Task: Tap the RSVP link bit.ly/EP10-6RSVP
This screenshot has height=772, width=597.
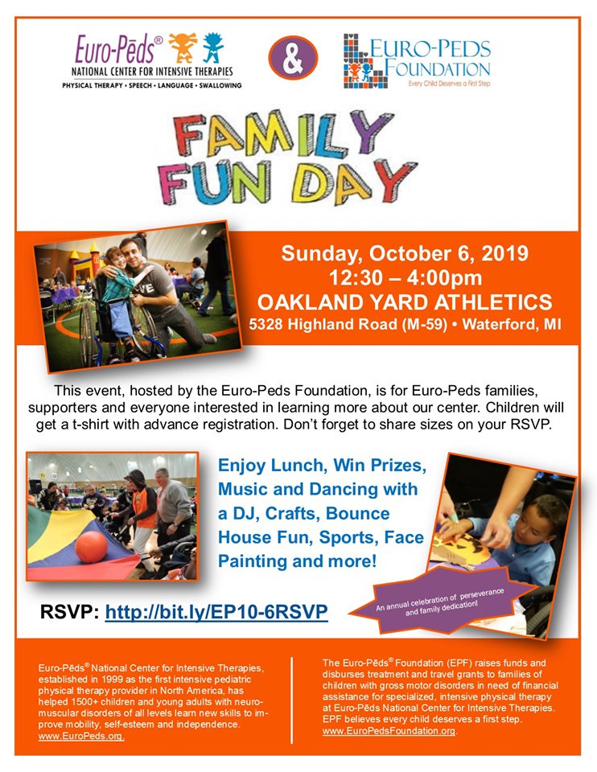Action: click(x=216, y=612)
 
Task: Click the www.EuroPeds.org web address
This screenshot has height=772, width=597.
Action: click(x=81, y=736)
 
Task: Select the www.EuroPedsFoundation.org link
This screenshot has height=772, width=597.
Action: click(x=389, y=731)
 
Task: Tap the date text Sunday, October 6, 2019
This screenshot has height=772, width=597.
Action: click(x=404, y=255)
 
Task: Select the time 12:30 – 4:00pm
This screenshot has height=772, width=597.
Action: click(x=404, y=278)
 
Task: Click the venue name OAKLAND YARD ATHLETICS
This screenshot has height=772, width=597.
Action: click(x=404, y=302)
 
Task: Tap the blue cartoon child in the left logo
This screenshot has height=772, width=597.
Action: click(x=212, y=48)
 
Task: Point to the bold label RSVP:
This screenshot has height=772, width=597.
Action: click(x=70, y=612)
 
